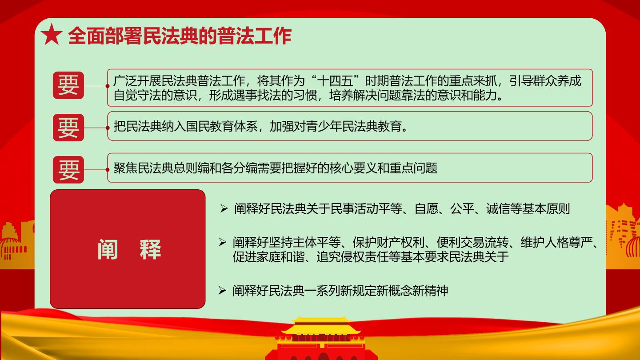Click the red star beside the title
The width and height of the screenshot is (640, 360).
52,35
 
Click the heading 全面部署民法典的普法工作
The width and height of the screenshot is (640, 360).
180,36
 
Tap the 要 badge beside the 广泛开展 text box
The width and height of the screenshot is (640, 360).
68,85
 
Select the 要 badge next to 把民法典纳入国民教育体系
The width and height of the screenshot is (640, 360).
68,128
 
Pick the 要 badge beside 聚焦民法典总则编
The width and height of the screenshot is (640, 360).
68,170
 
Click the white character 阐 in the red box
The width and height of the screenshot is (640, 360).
108,249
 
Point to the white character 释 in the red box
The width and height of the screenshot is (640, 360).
150,249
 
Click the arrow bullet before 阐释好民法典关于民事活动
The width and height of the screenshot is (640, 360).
224,209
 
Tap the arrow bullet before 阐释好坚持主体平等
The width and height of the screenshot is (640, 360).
222,242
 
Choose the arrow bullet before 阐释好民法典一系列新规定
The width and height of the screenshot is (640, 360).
222,291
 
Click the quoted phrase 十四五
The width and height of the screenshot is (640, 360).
335,81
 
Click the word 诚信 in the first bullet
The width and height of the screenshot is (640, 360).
498,209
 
